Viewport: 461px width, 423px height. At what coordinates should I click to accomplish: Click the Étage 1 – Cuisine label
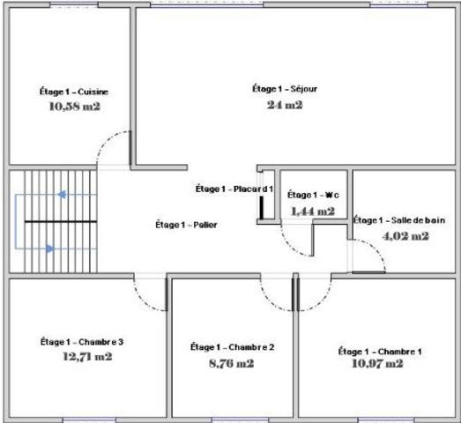73,92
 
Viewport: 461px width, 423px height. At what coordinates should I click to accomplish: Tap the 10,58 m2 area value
73,107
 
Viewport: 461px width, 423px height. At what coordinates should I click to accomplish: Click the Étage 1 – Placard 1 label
234,189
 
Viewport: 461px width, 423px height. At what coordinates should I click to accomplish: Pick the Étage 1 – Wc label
314,195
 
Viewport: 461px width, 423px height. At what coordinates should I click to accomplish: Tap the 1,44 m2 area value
313,211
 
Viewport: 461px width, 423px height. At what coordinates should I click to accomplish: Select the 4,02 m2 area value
405,235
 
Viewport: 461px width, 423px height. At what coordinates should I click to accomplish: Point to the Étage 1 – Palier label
185,225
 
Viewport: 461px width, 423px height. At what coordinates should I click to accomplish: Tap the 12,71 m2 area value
87,357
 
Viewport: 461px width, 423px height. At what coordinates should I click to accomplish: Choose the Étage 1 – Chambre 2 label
233,347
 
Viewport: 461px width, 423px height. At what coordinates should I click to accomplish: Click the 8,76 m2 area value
233,362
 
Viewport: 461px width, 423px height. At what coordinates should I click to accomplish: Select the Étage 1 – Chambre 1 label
380,352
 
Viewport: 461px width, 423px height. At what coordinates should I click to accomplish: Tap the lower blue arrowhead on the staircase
50,249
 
